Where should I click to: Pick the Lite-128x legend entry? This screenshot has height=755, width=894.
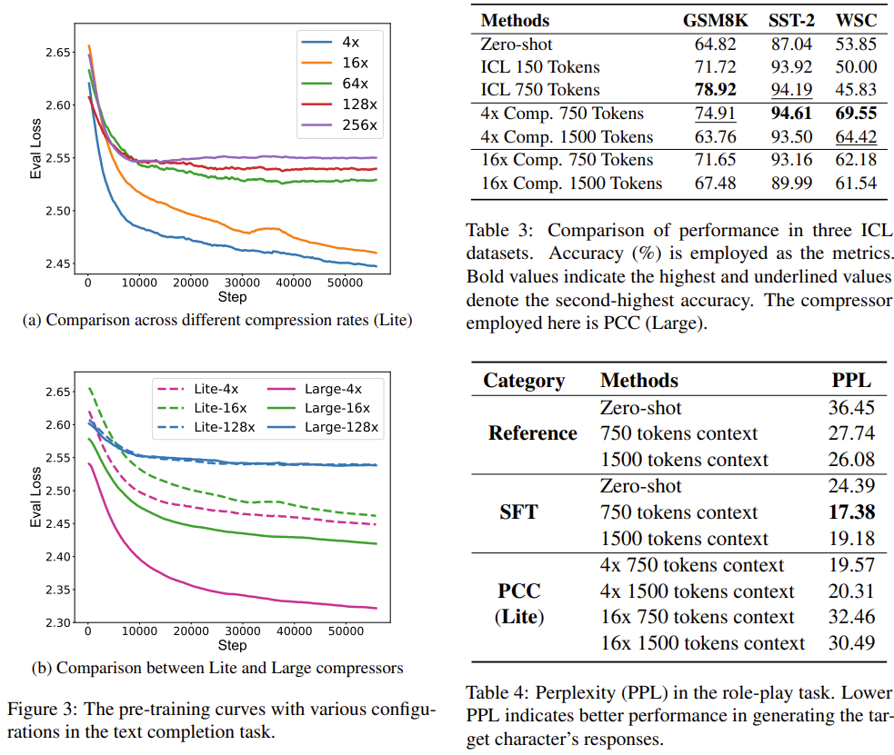tap(222, 427)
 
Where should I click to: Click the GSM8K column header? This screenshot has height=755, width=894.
tap(715, 20)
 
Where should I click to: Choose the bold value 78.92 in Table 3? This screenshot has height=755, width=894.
tap(715, 90)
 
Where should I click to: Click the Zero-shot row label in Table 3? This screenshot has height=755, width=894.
tap(517, 44)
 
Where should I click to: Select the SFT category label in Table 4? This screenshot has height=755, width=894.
tap(518, 512)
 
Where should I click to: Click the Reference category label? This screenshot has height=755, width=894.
tap(532, 433)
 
